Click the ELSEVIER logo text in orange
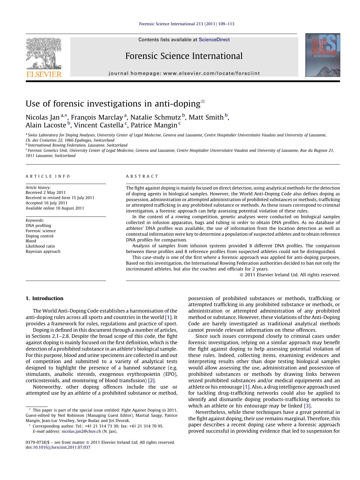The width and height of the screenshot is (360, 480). [x=44, y=74]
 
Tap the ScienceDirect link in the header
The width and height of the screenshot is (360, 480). [x=214, y=40]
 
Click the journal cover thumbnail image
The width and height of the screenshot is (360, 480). [x=323, y=55]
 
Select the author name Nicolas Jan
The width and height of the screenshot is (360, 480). [x=43, y=117]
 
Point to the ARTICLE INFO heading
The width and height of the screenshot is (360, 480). [x=48, y=176]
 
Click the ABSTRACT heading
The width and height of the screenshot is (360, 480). [x=142, y=176]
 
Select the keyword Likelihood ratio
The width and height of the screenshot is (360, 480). [x=40, y=246]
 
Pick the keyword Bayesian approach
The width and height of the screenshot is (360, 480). [x=43, y=251]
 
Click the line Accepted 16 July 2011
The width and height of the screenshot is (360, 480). [x=46, y=203]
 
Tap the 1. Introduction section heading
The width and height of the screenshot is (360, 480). [x=44, y=298]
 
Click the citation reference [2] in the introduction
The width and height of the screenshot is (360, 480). [x=151, y=380]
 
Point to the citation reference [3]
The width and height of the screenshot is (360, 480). [x=307, y=406]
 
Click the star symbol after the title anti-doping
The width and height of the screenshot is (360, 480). [x=203, y=101]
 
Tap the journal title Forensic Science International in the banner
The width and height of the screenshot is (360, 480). [x=184, y=56]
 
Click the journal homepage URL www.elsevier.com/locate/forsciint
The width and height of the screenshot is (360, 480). [x=211, y=73]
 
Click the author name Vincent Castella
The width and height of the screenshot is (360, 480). [x=99, y=125]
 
